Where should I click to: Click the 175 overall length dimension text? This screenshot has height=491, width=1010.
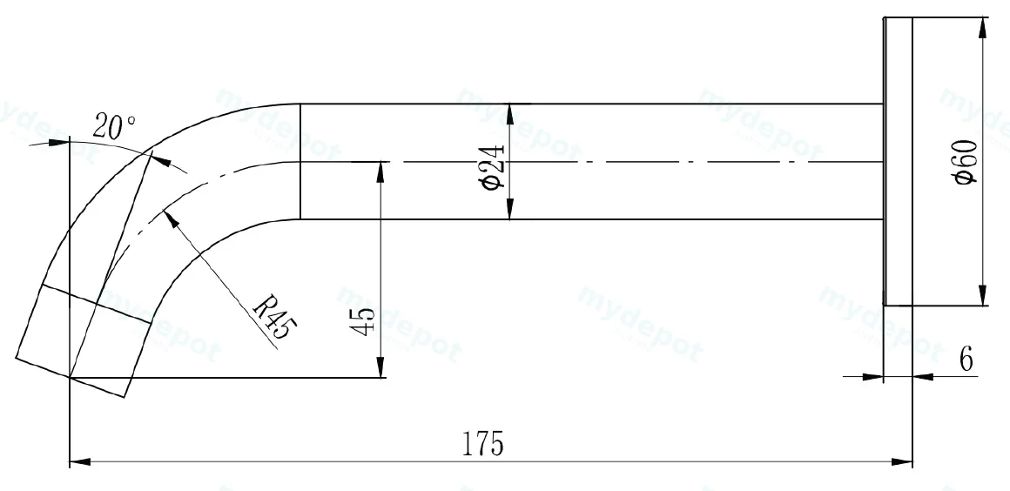(482, 444)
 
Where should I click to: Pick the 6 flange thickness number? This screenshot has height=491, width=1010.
(966, 360)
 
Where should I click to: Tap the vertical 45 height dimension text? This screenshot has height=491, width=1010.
(363, 320)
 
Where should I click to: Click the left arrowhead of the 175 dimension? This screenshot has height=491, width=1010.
(79, 462)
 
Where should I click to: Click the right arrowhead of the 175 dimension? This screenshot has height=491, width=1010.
(902, 462)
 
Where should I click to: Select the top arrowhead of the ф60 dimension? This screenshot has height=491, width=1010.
(982, 28)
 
